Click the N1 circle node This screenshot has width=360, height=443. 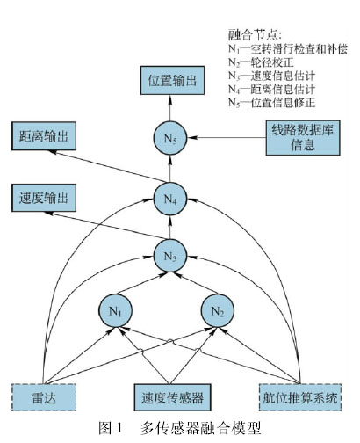click(115, 311)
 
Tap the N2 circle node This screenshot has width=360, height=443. click(218, 311)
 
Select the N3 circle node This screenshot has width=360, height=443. click(170, 256)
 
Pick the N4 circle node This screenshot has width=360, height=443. click(170, 199)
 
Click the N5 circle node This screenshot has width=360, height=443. click(170, 138)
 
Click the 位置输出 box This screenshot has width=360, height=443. click(172, 81)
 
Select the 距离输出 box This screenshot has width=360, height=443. click(44, 136)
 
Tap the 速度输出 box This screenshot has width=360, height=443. click(44, 198)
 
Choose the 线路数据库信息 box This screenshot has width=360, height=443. click(303, 137)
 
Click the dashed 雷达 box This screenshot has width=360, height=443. click(44, 397)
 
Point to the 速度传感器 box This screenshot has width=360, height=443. click(172, 397)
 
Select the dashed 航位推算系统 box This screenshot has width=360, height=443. click(300, 397)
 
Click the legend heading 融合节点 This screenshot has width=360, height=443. click(255, 35)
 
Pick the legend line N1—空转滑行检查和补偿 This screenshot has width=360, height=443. click(288, 49)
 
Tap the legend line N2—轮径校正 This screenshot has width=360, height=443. click(261, 62)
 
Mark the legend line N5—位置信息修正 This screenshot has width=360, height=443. click(272, 103)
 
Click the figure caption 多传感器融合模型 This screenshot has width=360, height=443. click(201, 428)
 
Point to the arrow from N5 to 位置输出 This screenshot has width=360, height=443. click(170, 108)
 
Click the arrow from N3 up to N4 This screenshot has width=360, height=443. click(170, 228)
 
